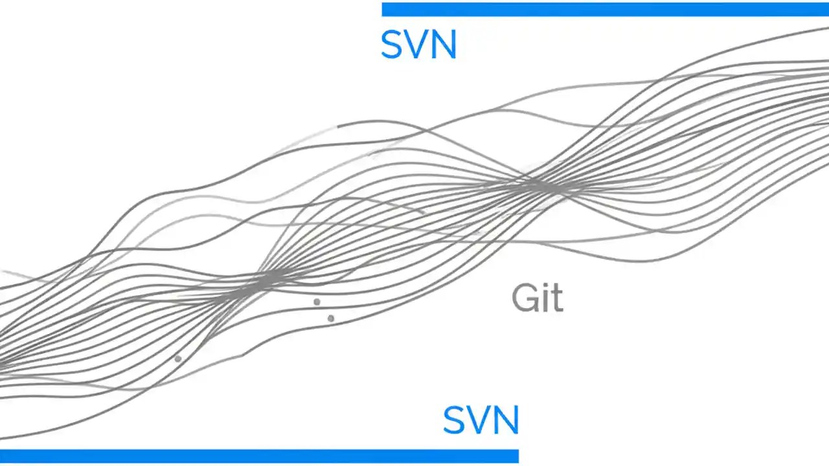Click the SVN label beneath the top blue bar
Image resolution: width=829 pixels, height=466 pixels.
click(x=418, y=45)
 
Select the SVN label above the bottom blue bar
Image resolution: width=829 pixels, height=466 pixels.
click(x=481, y=420)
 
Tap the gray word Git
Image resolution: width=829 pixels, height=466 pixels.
click(x=537, y=298)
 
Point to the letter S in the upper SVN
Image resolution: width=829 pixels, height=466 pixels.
click(x=392, y=45)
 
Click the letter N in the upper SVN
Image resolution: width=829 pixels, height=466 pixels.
click(x=444, y=45)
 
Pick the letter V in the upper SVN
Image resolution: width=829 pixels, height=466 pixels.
click(x=418, y=45)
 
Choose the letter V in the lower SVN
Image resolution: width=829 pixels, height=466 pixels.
click(x=481, y=420)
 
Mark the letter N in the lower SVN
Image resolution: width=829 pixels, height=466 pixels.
click(x=506, y=420)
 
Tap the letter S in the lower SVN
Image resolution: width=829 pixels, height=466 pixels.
click(x=455, y=420)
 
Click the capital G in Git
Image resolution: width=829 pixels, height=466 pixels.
click(x=523, y=298)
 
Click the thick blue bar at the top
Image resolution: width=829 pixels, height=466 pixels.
click(x=605, y=9)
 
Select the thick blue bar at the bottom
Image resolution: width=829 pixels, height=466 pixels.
click(x=259, y=456)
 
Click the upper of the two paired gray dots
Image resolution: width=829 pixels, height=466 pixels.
click(x=317, y=302)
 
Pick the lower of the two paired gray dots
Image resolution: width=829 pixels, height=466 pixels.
click(x=331, y=318)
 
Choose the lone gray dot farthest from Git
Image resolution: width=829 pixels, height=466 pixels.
click(x=178, y=359)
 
